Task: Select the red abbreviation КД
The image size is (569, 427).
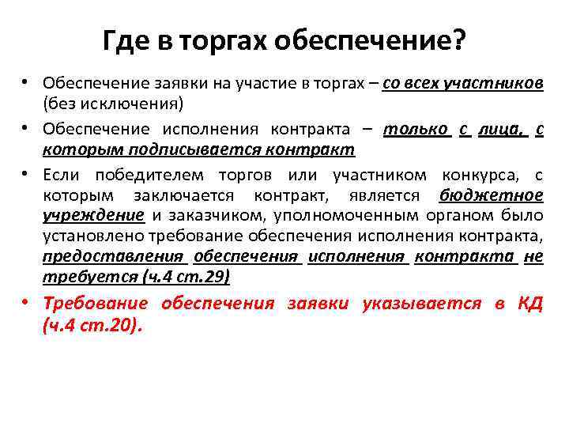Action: (529, 304)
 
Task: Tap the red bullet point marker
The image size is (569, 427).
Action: (27, 304)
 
